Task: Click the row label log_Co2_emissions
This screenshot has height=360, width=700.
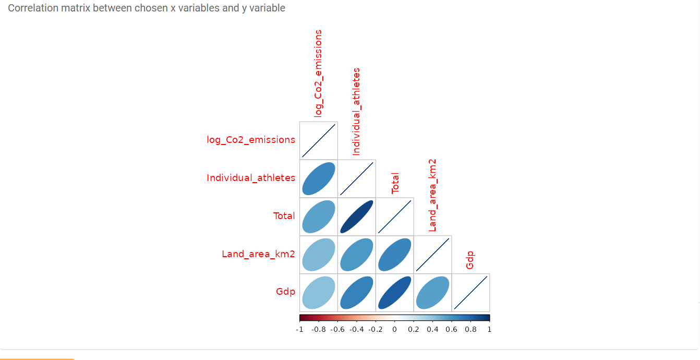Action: [251, 140]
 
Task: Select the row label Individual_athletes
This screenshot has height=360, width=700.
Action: [251, 178]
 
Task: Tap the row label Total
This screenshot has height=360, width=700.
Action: [284, 216]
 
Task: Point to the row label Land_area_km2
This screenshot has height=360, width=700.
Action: [258, 254]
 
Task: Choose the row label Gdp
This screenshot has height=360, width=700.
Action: [286, 292]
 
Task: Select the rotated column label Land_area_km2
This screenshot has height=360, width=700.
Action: [432, 195]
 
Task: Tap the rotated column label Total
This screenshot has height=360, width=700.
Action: [395, 183]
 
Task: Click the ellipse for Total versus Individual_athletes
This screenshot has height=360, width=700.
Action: [357, 217]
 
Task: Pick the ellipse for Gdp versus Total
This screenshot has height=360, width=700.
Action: [395, 293]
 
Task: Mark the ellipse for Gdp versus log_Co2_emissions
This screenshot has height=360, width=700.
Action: [319, 293]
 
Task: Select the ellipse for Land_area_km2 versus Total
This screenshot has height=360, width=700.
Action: [395, 255]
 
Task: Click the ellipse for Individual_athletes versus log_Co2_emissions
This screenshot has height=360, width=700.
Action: [319, 179]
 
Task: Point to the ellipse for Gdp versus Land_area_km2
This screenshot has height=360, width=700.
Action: [433, 293]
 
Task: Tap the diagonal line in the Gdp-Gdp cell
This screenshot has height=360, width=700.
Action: [470, 293]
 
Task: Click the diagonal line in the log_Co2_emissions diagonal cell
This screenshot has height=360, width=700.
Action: [319, 141]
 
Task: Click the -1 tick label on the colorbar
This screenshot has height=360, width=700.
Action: [299, 329]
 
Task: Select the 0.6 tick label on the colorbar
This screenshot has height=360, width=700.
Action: [452, 329]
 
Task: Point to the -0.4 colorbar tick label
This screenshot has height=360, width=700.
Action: [357, 329]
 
